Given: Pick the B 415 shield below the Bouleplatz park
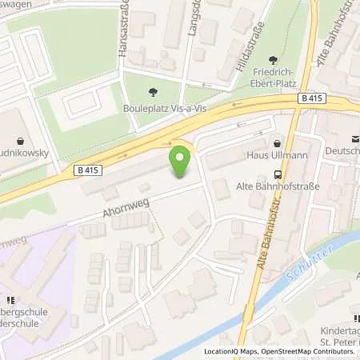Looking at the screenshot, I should pos(90,170).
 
